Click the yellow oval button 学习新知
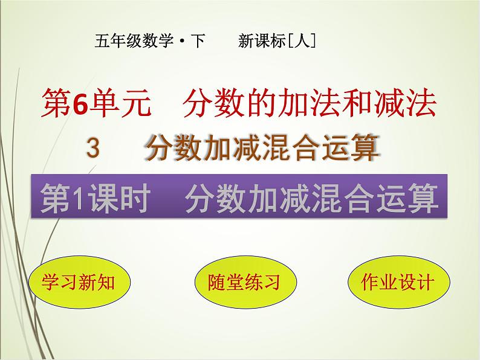coord(79,282)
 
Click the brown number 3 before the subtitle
coord(92,147)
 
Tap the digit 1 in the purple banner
coord(74,199)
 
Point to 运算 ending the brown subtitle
coord(356,148)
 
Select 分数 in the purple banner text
coord(209,199)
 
